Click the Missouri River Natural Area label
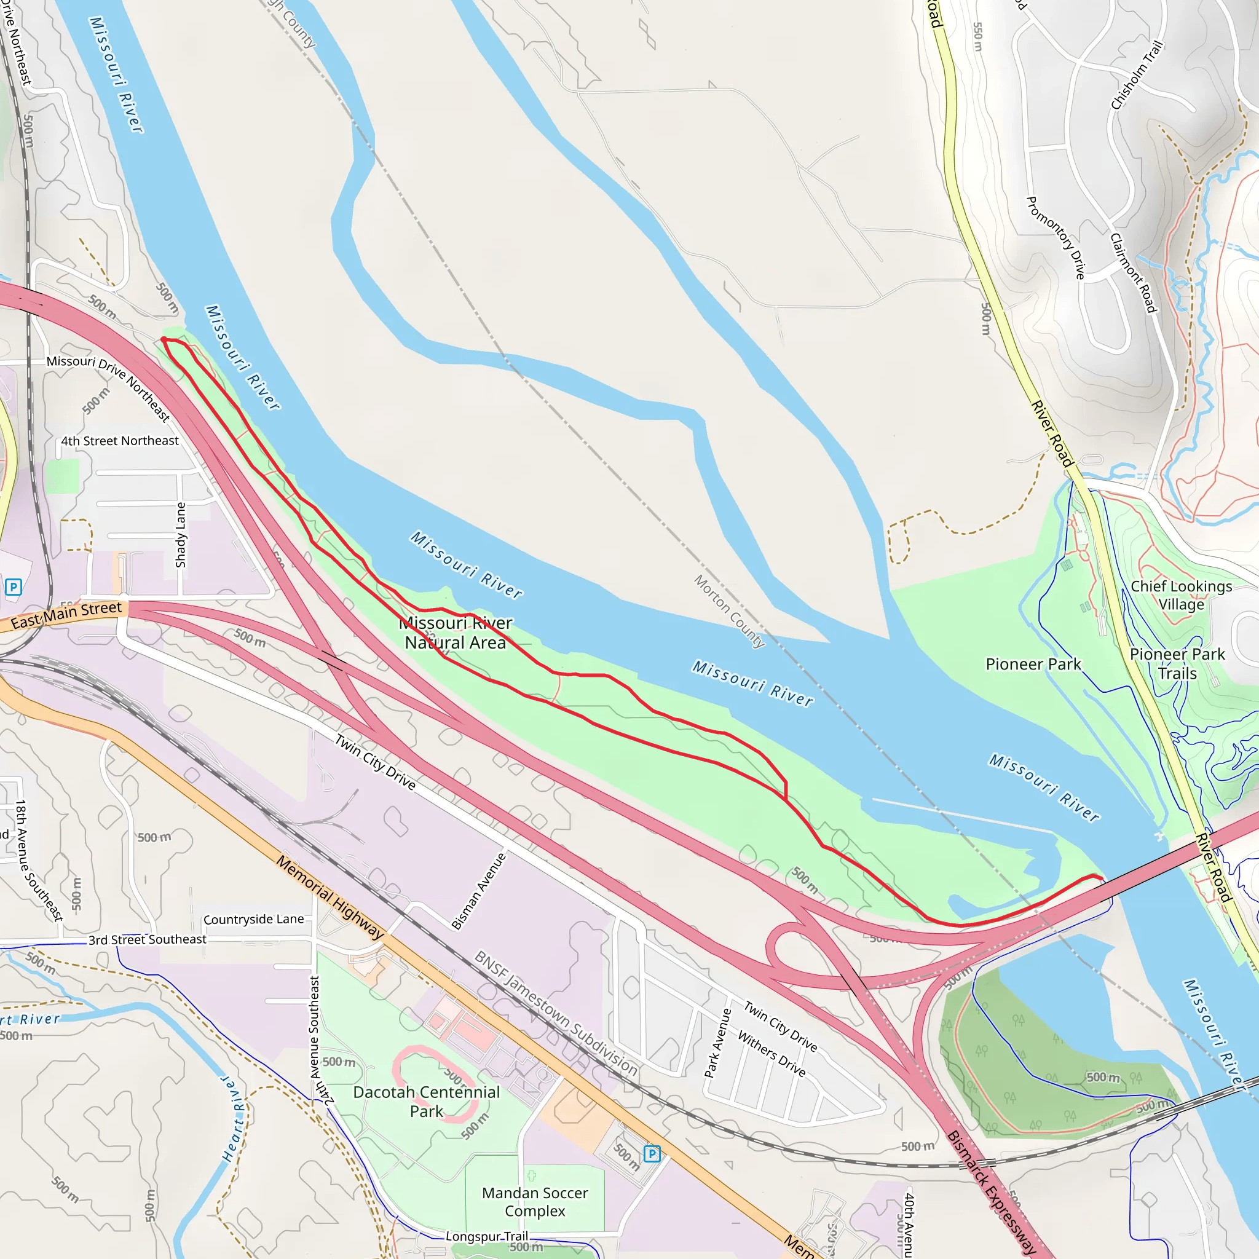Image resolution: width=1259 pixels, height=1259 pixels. pos(456,633)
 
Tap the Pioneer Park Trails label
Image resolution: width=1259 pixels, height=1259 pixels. pos(1177,663)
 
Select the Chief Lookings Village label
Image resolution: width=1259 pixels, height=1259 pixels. pos(1181,595)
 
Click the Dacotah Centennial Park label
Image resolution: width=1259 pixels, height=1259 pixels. pos(426,1101)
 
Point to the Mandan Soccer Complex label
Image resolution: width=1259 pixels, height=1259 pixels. pos(534,1202)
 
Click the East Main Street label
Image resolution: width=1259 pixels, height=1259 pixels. pos(66,615)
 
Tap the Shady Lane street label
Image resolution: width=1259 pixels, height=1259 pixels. pos(181,534)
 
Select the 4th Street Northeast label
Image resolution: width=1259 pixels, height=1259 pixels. pos(120,441)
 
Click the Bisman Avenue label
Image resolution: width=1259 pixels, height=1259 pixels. pos(478,891)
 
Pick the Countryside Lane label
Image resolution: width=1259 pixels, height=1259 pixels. pos(253,920)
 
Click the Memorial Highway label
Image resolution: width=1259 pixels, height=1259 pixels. pos(330,898)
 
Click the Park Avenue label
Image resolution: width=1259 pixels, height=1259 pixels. pos(718,1043)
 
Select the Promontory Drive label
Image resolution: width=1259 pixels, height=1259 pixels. pos(1056,238)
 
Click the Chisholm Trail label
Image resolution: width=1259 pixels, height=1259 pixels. pos(1137,75)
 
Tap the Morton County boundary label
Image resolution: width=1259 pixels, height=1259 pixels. pos(728,610)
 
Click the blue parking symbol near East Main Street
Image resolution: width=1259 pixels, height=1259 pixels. pos(13,587)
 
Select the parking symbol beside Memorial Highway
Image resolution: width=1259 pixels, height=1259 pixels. pos(652,1154)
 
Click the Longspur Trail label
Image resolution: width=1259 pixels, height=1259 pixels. pos(487,1236)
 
